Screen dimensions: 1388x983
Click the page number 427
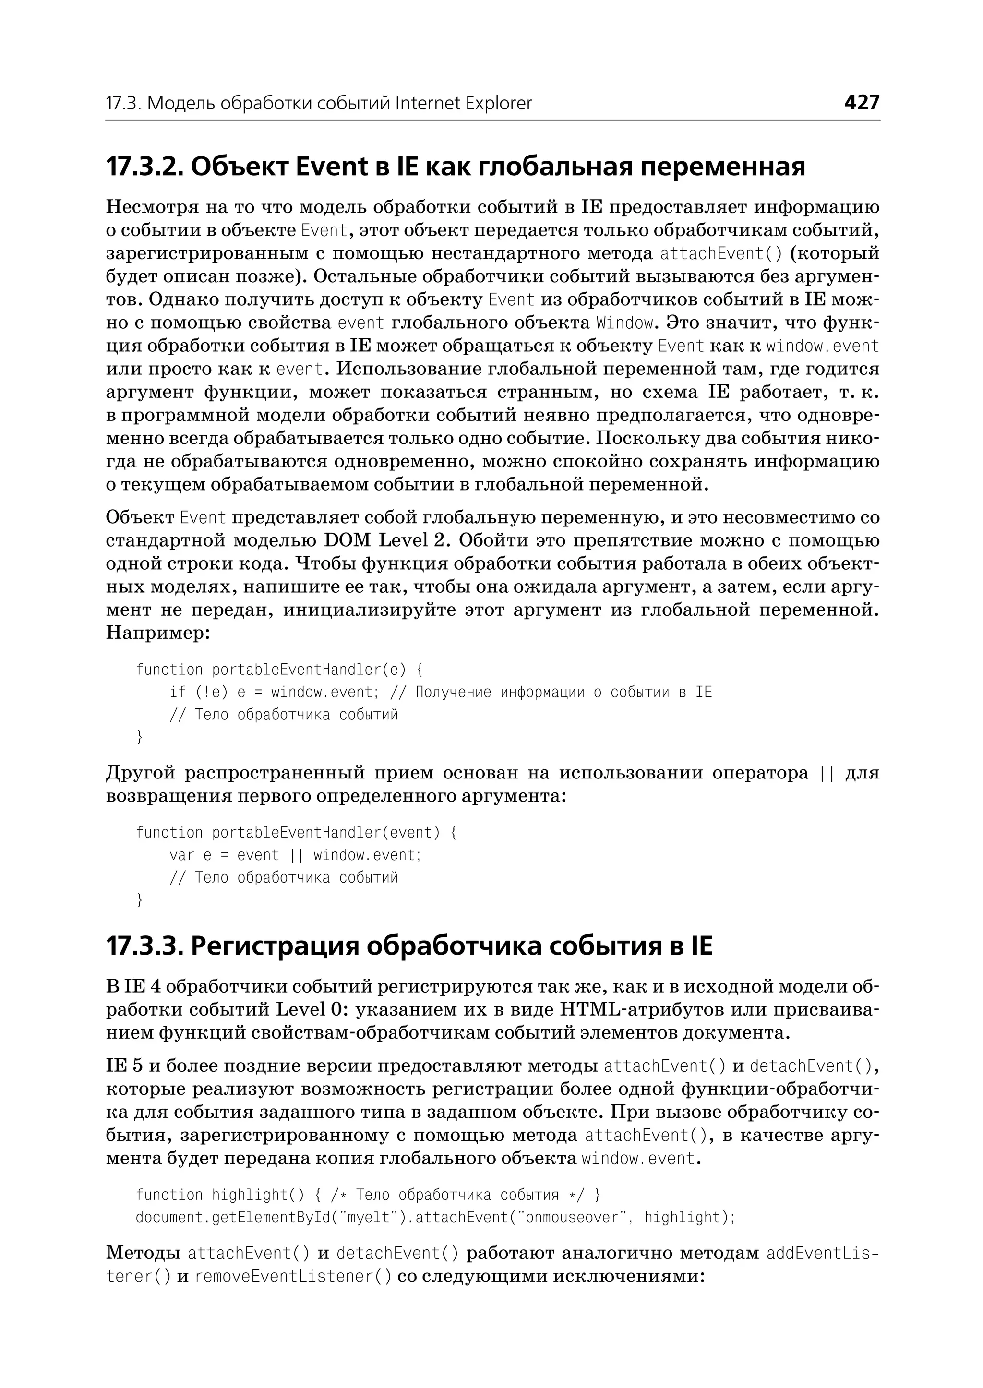tap(862, 102)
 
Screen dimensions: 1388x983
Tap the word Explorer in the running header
tap(494, 104)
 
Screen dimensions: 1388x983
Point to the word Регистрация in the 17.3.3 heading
tap(275, 946)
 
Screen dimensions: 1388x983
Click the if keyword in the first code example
tap(177, 692)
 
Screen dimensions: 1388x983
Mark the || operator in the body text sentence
tap(826, 774)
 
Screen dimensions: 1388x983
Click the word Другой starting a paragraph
tap(141, 774)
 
